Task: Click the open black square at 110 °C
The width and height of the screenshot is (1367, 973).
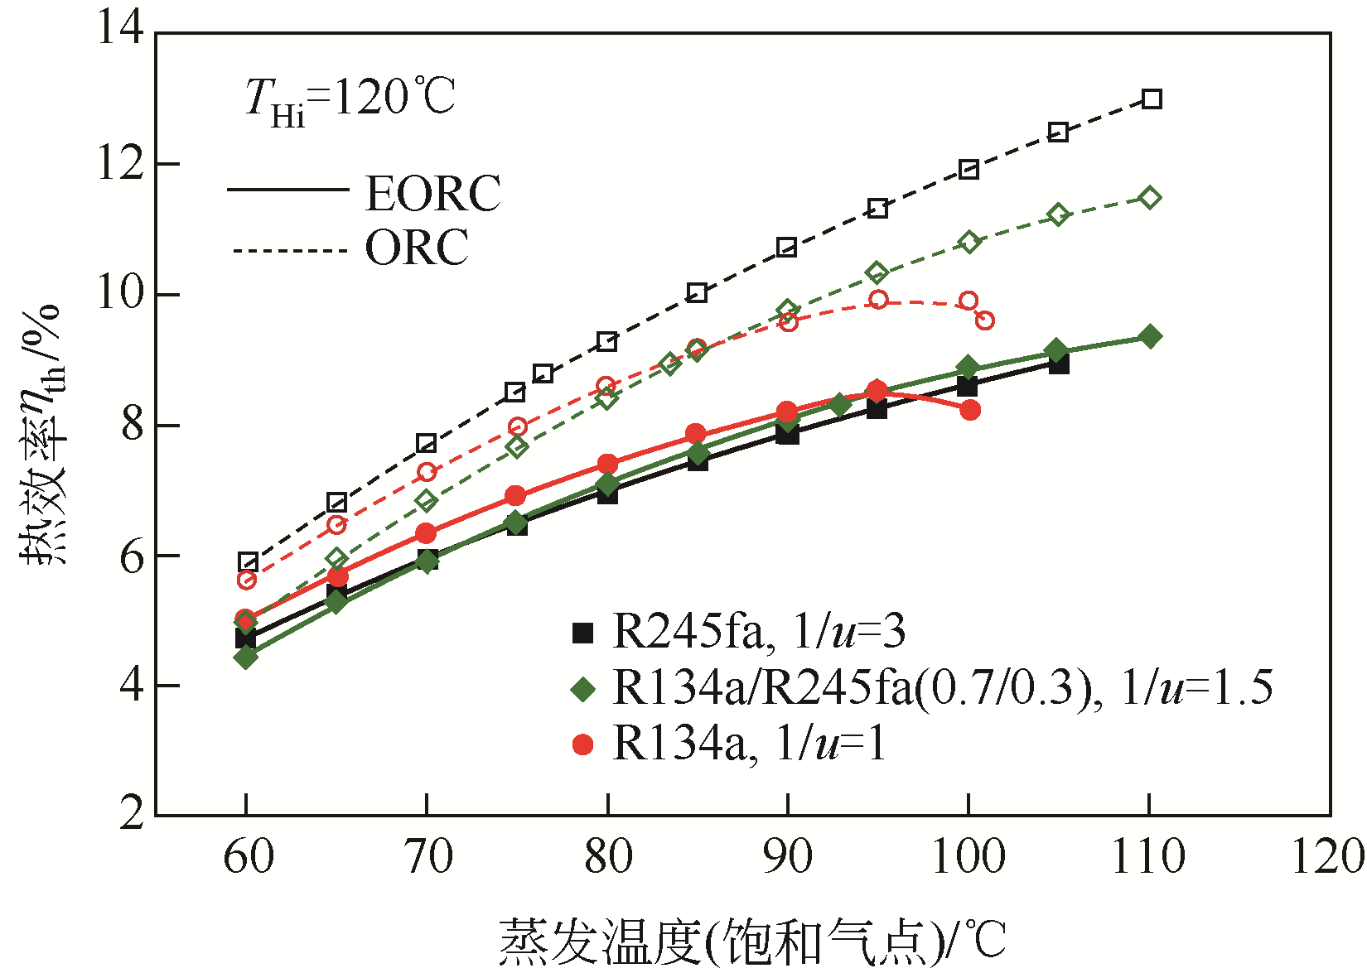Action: (x=1151, y=99)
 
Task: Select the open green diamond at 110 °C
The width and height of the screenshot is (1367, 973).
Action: (x=1149, y=198)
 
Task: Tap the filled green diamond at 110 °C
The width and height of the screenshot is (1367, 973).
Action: (x=1149, y=336)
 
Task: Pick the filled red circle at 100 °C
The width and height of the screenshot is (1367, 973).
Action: (x=970, y=410)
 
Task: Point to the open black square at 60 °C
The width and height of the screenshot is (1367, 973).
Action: (x=248, y=562)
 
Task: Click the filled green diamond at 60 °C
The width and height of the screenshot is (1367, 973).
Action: (x=245, y=657)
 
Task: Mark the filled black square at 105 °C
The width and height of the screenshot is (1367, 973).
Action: (x=1058, y=364)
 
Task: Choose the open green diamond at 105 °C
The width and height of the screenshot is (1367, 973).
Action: (x=1058, y=215)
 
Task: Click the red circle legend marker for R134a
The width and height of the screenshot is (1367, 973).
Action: (x=583, y=744)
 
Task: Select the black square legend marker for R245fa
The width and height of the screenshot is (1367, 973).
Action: (x=583, y=633)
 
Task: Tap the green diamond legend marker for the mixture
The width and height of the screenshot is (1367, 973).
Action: (x=583, y=689)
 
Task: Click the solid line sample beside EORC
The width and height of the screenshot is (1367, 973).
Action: (x=287, y=190)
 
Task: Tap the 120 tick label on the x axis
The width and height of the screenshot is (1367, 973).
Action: (x=1328, y=856)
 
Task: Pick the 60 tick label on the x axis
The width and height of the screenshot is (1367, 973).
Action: (x=248, y=856)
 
